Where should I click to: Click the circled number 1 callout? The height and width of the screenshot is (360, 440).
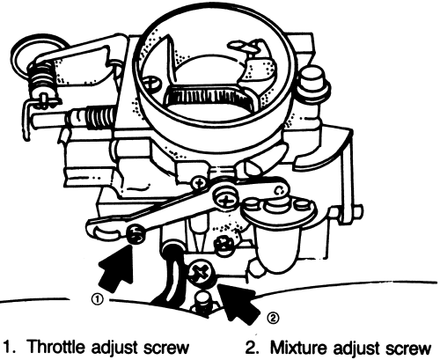pos(98,299)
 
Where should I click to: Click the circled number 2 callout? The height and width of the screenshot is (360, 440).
pos(273,318)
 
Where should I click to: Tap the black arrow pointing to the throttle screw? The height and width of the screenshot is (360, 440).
pos(117,268)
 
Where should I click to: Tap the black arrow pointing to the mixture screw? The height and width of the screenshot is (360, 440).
pos(238,302)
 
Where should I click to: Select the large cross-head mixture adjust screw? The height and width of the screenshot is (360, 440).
pos(202,274)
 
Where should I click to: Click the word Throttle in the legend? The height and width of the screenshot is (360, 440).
pos(55,347)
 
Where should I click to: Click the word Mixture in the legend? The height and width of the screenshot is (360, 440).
pos(297,348)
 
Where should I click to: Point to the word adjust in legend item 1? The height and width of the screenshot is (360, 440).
pos(114,348)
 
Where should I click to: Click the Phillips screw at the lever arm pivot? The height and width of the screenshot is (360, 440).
pos(225,200)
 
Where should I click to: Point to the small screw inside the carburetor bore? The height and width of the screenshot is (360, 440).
pos(151,81)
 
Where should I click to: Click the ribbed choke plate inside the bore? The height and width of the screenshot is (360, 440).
pos(207,97)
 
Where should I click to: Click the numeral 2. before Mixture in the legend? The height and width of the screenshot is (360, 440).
pos(253,348)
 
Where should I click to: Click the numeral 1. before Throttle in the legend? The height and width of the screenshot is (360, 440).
pos(11,348)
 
